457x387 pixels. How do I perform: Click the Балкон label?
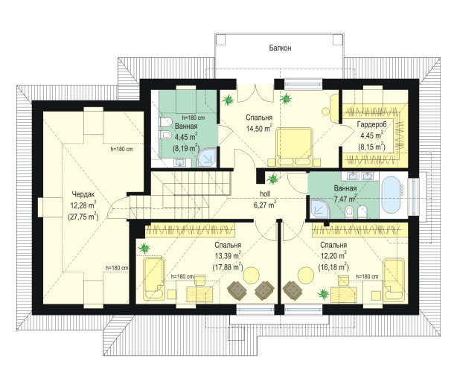coord(280,48)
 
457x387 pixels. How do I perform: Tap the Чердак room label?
coord(83,194)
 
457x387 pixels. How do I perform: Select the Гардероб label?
coord(372,124)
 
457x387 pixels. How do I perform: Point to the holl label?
coord(265,193)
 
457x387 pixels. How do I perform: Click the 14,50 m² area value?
coord(260,129)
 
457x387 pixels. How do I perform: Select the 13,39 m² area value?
coord(228,256)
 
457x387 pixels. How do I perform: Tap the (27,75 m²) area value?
coord(83,217)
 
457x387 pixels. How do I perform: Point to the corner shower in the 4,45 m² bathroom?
coord(206,157)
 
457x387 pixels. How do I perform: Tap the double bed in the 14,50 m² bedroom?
coord(294,147)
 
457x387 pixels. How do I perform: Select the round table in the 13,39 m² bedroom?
coord(252,275)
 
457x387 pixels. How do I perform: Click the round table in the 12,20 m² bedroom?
coord(305,275)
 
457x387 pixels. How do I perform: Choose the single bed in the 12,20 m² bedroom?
coord(394,280)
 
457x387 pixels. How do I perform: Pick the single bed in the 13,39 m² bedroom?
coord(154,278)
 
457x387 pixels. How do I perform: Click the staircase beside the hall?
coord(181,194)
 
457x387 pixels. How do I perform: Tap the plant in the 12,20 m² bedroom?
coord(324,293)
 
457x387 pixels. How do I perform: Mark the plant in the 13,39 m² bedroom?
coord(144,249)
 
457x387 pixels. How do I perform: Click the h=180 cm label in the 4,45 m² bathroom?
coord(194,118)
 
